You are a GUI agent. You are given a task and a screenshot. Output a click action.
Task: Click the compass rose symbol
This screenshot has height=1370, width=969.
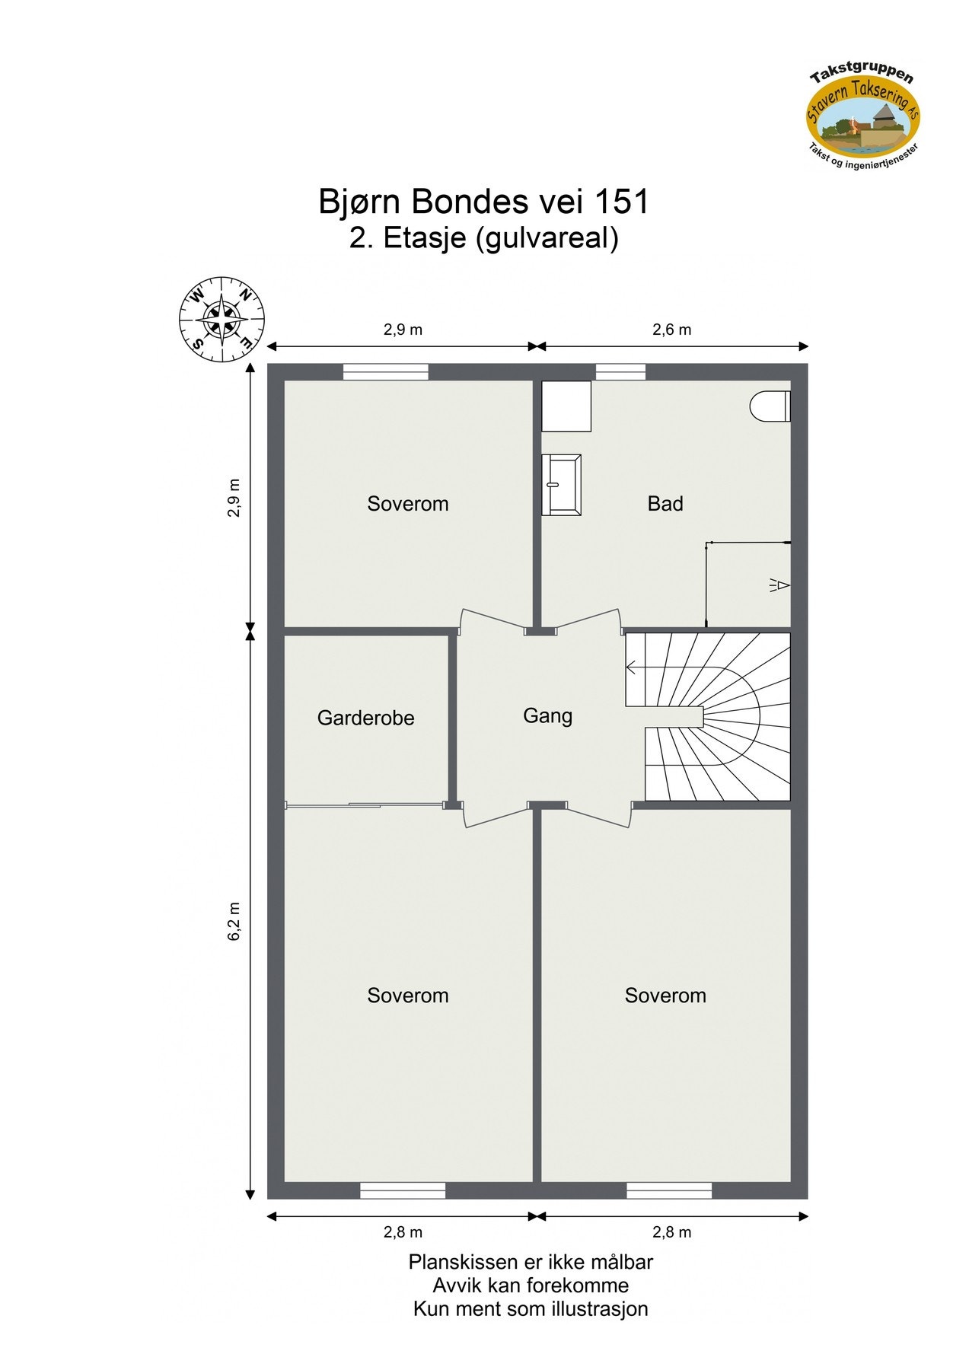click(x=222, y=319)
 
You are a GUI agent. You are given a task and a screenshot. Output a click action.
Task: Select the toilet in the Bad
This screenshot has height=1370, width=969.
click(x=770, y=406)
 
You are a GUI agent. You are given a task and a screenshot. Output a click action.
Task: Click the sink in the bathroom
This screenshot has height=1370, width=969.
click(x=562, y=483)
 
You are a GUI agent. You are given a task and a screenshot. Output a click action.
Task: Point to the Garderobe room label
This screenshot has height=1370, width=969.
click(x=365, y=718)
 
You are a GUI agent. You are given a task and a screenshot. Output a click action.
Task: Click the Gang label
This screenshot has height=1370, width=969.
click(x=547, y=715)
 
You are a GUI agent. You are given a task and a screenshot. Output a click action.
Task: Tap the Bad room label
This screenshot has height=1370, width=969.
click(x=665, y=503)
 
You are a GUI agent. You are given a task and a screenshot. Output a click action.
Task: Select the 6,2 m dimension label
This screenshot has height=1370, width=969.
click(x=234, y=921)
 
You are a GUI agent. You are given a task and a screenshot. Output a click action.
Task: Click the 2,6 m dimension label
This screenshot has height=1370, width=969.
click(x=672, y=330)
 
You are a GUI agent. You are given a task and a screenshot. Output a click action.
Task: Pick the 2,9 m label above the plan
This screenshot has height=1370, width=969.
click(x=403, y=330)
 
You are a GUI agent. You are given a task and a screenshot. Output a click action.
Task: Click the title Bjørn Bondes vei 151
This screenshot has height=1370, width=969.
click(x=483, y=202)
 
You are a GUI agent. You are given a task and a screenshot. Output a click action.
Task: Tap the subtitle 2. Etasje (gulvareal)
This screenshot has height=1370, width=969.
click(x=483, y=238)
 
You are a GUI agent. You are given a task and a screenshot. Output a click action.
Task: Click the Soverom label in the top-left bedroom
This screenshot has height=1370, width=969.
click(x=408, y=503)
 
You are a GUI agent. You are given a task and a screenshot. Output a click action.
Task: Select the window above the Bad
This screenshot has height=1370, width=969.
click(x=620, y=371)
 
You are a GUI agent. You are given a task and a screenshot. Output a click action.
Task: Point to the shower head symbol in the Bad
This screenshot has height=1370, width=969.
click(x=779, y=585)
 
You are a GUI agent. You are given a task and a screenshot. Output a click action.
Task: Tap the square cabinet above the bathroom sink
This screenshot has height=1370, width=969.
click(x=566, y=406)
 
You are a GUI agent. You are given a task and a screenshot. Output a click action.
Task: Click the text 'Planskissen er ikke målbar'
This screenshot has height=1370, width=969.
click(x=531, y=1262)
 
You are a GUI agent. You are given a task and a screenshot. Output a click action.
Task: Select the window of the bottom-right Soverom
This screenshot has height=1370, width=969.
click(x=669, y=1190)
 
